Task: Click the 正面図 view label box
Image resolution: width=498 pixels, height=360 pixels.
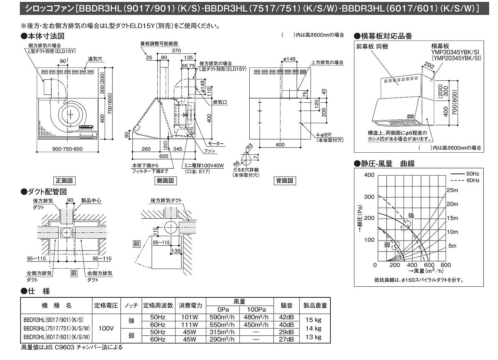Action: pyautogui.click(x=64, y=181)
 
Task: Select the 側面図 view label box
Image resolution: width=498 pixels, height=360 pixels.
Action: pyautogui.click(x=165, y=181)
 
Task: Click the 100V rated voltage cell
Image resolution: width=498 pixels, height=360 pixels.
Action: pyautogui.click(x=106, y=328)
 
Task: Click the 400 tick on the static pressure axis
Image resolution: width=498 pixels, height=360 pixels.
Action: pyautogui.click(x=369, y=175)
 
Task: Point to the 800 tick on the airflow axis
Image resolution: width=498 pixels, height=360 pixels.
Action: pyautogui.click(x=446, y=265)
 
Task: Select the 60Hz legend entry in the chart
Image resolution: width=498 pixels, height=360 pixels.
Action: pyautogui.click(x=465, y=180)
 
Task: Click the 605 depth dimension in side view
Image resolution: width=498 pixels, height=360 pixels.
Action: pyautogui.click(x=163, y=156)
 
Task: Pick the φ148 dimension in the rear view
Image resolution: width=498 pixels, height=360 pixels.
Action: pyautogui.click(x=289, y=59)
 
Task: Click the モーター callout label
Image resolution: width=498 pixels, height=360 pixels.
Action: pyautogui.click(x=216, y=143)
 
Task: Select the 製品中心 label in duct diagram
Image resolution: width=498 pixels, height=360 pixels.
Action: pyautogui.click(x=91, y=201)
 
